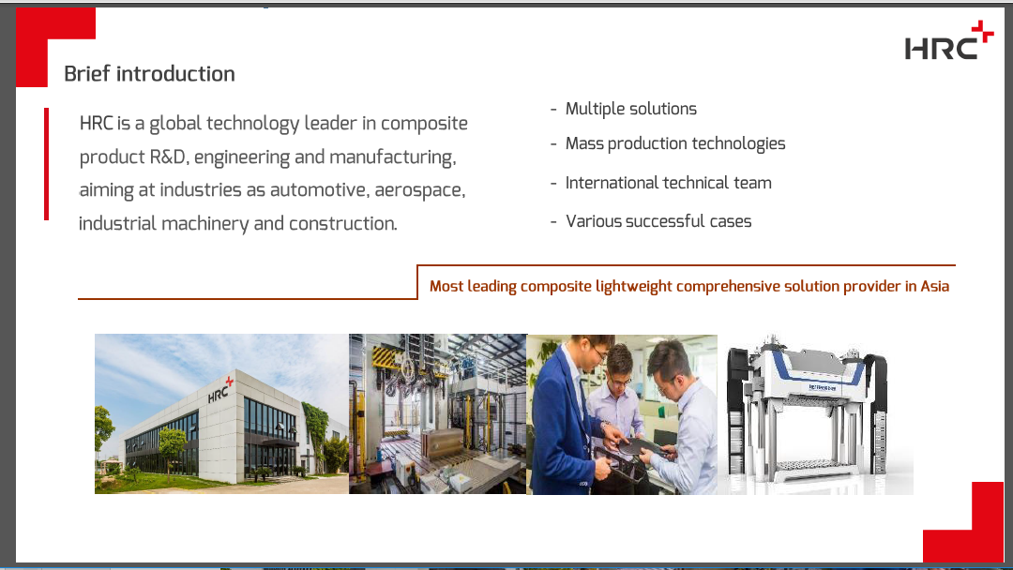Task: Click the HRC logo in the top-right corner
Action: pos(948,40)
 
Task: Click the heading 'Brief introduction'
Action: pos(149,73)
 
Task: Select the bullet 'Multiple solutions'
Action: pos(630,109)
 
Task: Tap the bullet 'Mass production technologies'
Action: pos(675,144)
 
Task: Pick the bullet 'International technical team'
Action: pos(668,183)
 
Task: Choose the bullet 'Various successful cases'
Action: pos(658,221)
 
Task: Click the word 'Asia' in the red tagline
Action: pos(935,286)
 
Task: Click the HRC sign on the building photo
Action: pos(219,389)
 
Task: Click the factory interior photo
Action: pos(438,413)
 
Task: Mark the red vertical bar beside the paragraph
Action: pos(47,164)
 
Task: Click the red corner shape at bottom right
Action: pos(963,522)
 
